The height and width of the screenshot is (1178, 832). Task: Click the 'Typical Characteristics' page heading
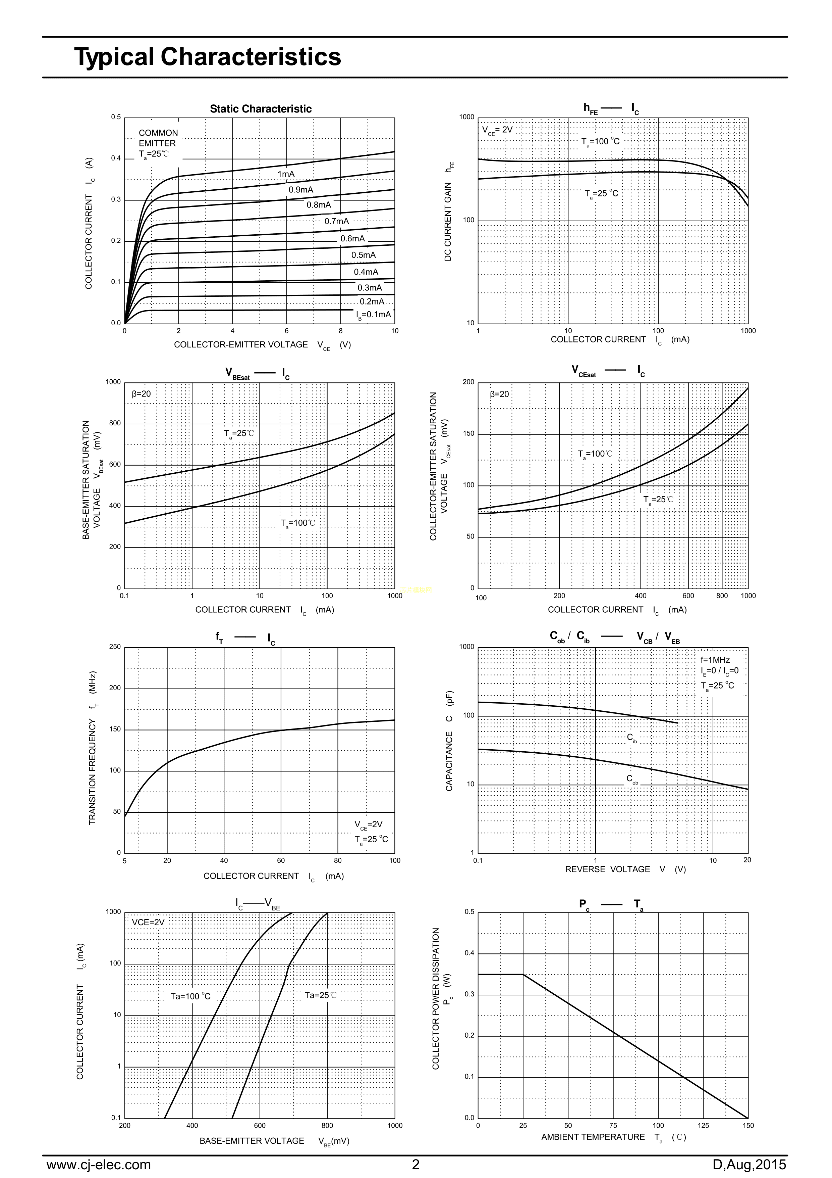coord(208,56)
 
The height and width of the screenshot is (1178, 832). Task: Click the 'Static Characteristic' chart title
coord(261,109)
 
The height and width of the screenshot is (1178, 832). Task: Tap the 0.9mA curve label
coord(300,190)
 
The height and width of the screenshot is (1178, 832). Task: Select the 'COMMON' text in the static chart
coord(158,133)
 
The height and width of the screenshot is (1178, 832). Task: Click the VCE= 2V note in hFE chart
coord(497,130)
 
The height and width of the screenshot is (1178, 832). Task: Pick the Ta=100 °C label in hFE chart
coord(600,142)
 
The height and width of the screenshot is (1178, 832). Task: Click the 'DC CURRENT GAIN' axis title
coord(448,221)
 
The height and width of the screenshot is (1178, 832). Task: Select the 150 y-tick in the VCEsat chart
coord(468,434)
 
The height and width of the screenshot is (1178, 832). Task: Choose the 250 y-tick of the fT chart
coord(115,647)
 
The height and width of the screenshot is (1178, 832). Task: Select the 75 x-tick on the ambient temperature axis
coord(613,1126)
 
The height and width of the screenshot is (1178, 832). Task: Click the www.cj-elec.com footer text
coord(99,1164)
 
